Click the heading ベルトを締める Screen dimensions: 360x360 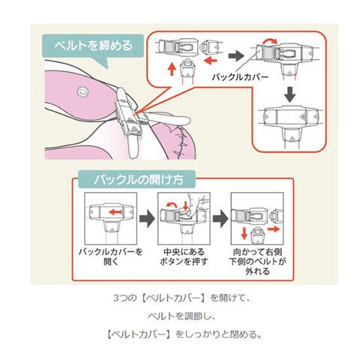coord(93,46)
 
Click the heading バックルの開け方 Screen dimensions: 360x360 coord(138,179)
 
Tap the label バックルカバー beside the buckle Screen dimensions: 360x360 coord(240,76)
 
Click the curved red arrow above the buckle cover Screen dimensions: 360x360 coord(270,41)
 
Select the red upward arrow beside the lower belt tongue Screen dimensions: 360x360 coord(172,69)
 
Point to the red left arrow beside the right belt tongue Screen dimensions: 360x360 coord(211,60)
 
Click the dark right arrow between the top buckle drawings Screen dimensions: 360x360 coord(236,55)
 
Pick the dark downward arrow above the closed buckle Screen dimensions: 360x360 coord(290,94)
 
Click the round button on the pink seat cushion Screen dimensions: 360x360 coord(82,91)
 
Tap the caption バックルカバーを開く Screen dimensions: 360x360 coord(110,256)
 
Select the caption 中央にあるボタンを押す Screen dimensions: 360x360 coord(184,256)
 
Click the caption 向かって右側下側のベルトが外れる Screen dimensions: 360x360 coord(257,261)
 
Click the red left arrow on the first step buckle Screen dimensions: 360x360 coord(115,212)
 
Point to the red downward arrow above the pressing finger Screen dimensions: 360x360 coord(185,205)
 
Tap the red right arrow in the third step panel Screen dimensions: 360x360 coord(274,229)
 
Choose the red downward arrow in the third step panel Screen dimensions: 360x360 coord(244,233)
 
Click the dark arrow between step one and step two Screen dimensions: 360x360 coord(147,218)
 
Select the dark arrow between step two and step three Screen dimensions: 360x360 coord(220,218)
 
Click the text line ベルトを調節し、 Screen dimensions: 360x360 coord(181,316)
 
